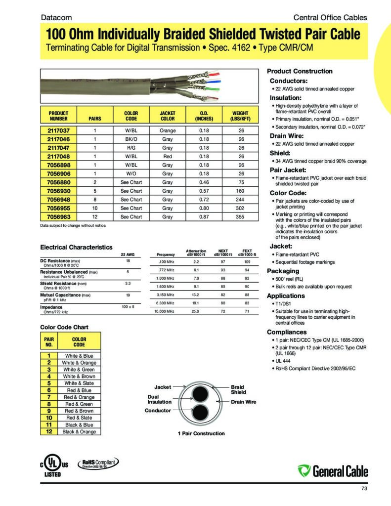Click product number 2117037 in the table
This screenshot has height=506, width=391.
pyautogui.click(x=59, y=130)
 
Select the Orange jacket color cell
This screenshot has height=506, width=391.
pyautogui.click(x=168, y=130)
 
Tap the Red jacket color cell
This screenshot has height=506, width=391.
pyautogui.click(x=168, y=156)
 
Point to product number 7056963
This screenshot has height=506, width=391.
pyautogui.click(x=59, y=216)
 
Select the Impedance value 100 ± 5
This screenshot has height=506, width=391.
pyautogui.click(x=128, y=307)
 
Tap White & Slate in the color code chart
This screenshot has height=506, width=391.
pyautogui.click(x=79, y=383)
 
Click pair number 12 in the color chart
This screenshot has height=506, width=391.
pyautogui.click(x=49, y=431)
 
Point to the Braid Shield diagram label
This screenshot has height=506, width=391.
pyautogui.click(x=238, y=389)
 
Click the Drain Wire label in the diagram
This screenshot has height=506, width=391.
pyautogui.click(x=244, y=402)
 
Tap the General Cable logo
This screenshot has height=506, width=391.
pyautogui.click(x=333, y=470)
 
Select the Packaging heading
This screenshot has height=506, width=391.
pyautogui.click(x=283, y=271)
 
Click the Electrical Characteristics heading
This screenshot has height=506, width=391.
pyautogui.click(x=76, y=247)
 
